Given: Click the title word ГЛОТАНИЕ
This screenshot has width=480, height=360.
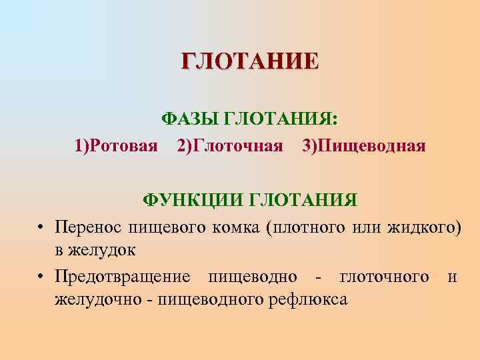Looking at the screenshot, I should [250, 61].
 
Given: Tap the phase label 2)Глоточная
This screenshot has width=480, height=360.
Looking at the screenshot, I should [230, 145].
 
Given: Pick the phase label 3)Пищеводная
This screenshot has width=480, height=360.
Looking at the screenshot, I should [363, 145].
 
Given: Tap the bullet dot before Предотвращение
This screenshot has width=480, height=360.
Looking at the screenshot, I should [41, 276].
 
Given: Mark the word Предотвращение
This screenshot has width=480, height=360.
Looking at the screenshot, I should [123, 276].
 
